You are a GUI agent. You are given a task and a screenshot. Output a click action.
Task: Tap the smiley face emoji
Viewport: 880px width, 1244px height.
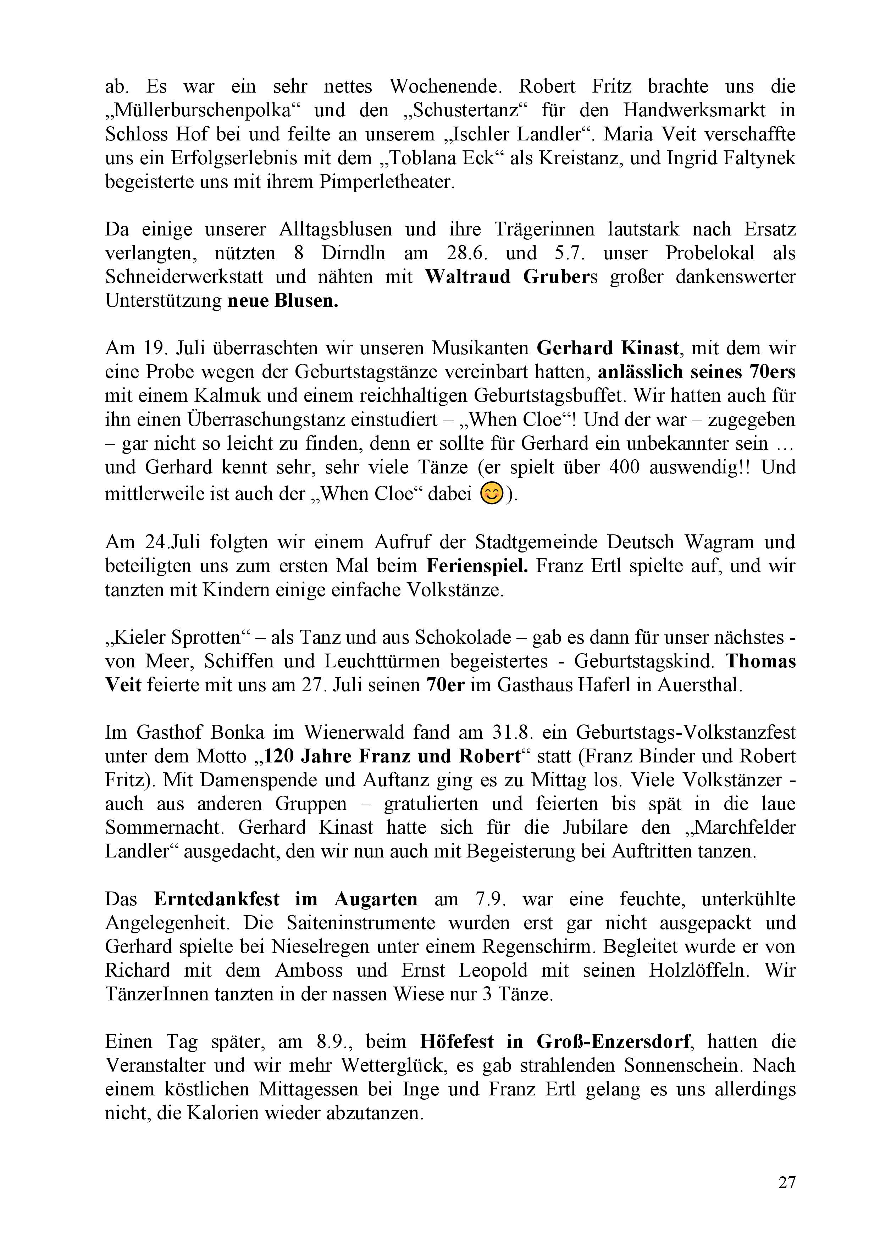[x=492, y=494]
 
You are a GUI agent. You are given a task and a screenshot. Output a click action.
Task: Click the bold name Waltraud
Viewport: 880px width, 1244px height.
[x=467, y=277]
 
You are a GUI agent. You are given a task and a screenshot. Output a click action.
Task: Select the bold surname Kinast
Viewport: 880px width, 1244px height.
[x=644, y=348]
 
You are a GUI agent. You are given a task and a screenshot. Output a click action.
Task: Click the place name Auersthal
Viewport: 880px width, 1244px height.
[x=700, y=685]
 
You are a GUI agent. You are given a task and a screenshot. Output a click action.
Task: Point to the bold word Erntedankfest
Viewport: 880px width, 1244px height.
[x=217, y=899]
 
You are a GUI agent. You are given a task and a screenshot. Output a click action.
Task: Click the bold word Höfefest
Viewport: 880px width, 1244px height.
[x=457, y=1042]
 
